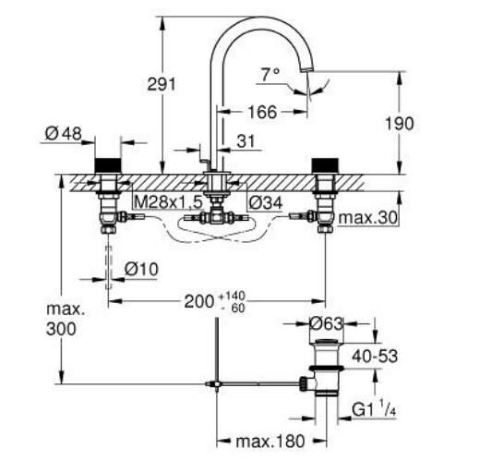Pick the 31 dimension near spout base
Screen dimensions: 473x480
245,140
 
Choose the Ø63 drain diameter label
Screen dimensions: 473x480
328,324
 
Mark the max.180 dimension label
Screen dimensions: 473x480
268,443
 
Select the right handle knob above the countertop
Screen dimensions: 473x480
324,165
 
